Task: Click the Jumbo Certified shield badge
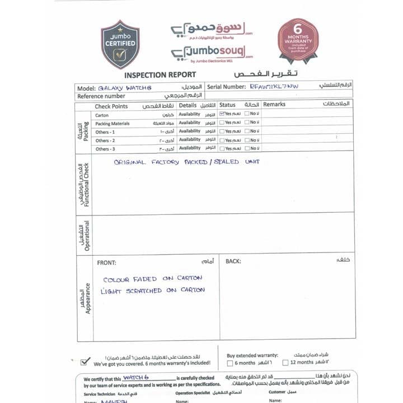point(120,44)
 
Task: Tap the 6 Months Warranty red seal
point(298,40)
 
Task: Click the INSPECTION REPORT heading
point(160,75)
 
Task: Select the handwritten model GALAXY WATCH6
point(125,87)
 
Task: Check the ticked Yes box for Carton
point(222,114)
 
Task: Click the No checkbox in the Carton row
point(247,114)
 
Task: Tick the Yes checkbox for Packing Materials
point(222,123)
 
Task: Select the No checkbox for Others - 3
point(247,148)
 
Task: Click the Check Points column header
point(111,105)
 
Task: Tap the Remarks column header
point(274,104)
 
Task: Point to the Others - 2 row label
point(105,140)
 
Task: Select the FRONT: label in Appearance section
point(106,262)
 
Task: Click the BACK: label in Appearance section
point(233,261)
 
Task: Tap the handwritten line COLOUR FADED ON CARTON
point(152,279)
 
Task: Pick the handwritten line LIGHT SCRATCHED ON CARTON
point(152,290)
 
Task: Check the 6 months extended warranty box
point(230,363)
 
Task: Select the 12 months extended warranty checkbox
point(285,363)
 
